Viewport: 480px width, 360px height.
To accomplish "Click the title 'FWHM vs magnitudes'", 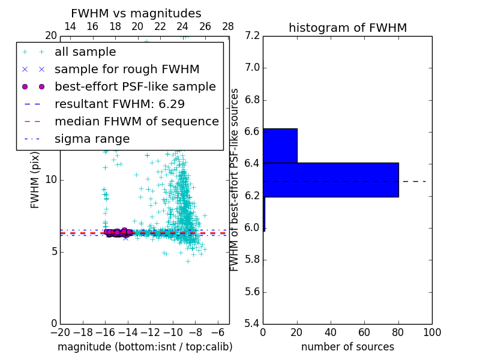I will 136,13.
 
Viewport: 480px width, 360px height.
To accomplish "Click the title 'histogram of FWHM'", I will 347,28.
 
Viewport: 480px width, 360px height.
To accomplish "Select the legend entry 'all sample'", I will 85,52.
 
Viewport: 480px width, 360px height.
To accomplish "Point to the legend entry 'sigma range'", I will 92,139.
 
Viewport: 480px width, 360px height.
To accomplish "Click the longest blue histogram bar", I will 331,179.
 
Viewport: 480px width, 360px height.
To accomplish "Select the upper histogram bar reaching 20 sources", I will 280,145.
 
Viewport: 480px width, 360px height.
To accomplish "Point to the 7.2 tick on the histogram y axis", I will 252,36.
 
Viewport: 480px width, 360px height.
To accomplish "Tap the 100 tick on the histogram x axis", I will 431,332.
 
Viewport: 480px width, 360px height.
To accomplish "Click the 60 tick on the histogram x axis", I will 364,332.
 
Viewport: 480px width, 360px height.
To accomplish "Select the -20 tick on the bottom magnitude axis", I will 60,332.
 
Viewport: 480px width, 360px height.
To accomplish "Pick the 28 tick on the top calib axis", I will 228,26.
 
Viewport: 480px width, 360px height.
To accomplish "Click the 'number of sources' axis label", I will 347,347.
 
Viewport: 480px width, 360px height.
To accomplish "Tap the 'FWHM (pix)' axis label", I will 35,179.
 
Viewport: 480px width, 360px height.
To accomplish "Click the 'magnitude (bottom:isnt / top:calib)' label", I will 145,347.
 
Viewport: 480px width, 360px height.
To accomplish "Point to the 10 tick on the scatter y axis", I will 50,179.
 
